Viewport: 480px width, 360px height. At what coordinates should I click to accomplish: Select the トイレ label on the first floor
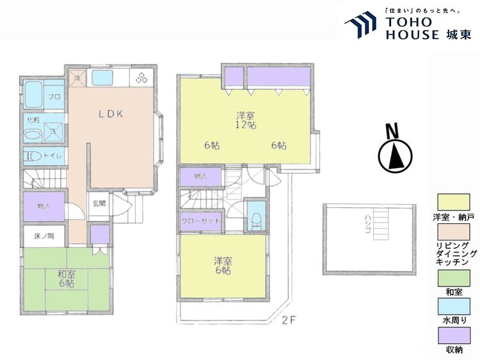54,155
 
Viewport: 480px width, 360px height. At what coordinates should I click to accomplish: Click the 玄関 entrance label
99,204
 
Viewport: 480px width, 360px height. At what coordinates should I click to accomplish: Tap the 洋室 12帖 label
246,120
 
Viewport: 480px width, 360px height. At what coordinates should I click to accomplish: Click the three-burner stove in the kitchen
141,78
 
